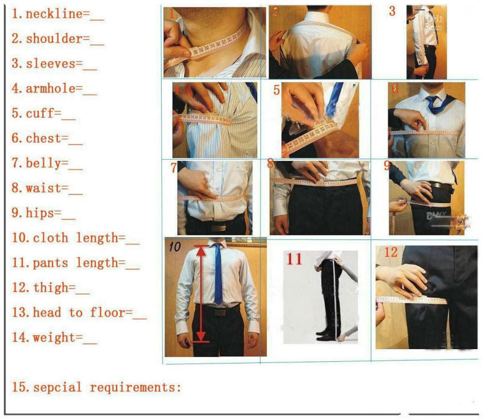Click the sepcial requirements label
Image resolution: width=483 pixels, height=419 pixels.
click(x=106, y=387)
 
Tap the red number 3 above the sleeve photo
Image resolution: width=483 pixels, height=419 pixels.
click(x=392, y=11)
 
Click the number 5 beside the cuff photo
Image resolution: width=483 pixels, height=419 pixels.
click(x=277, y=90)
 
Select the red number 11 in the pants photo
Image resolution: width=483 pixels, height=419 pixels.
click(x=294, y=259)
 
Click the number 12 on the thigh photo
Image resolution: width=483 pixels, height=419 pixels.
click(x=391, y=252)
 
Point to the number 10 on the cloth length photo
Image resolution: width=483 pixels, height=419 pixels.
click(x=174, y=246)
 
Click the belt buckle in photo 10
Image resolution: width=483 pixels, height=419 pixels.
click(x=219, y=312)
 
